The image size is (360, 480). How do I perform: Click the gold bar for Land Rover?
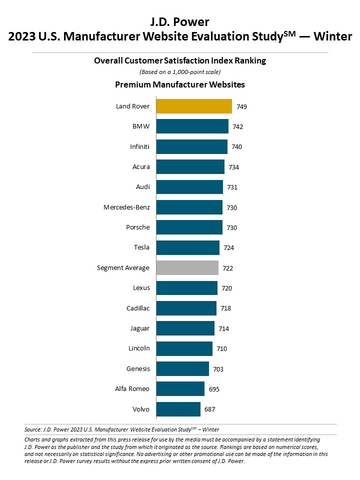pos(194,106)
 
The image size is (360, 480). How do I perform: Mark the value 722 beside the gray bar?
pos(230,267)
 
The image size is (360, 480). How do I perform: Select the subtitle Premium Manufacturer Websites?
pos(180,86)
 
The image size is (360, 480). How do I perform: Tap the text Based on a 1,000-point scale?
pos(180,72)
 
